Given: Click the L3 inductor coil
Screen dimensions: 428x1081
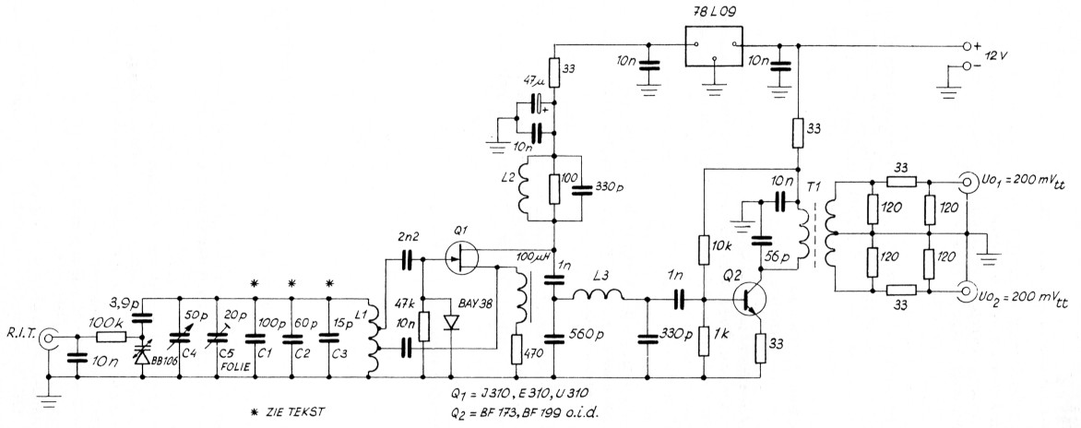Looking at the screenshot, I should click(x=597, y=297).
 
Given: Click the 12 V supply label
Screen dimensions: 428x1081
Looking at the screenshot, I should click(x=1011, y=55).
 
